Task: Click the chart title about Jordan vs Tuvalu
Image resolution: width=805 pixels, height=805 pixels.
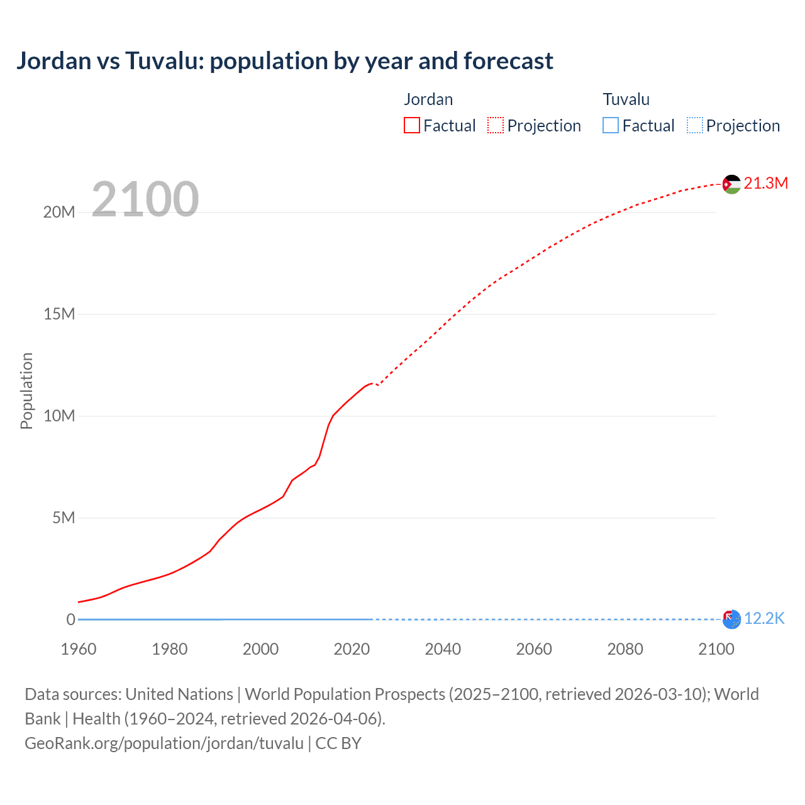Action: (284, 61)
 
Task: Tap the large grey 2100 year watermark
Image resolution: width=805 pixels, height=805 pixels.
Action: (145, 199)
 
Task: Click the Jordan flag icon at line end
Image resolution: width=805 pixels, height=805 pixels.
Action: (731, 184)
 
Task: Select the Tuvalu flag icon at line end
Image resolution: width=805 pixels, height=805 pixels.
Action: (731, 619)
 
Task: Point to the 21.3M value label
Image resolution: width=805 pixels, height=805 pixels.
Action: (765, 183)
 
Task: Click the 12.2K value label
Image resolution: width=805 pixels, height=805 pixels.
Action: (764, 619)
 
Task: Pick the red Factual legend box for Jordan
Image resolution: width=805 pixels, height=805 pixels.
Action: (412, 126)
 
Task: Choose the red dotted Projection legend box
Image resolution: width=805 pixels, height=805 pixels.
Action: (496, 126)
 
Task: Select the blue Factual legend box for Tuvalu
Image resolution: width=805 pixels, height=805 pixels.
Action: (611, 126)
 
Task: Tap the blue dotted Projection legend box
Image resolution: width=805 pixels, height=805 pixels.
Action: (694, 126)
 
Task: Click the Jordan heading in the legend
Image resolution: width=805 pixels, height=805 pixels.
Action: (428, 99)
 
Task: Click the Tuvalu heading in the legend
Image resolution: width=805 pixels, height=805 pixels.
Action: (626, 99)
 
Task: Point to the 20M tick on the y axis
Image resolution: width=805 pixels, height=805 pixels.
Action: (59, 213)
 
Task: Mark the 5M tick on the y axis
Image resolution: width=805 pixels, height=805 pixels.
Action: (64, 518)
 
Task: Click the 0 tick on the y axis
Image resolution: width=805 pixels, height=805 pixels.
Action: (70, 619)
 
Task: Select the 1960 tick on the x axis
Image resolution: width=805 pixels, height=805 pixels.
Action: (79, 649)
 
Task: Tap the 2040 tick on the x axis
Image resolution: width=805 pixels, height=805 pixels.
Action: (443, 649)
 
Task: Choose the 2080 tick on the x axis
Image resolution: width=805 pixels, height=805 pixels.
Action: (625, 649)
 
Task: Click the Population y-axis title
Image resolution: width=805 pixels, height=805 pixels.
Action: (26, 391)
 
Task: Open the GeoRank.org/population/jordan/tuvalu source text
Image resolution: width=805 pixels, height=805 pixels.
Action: (164, 743)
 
